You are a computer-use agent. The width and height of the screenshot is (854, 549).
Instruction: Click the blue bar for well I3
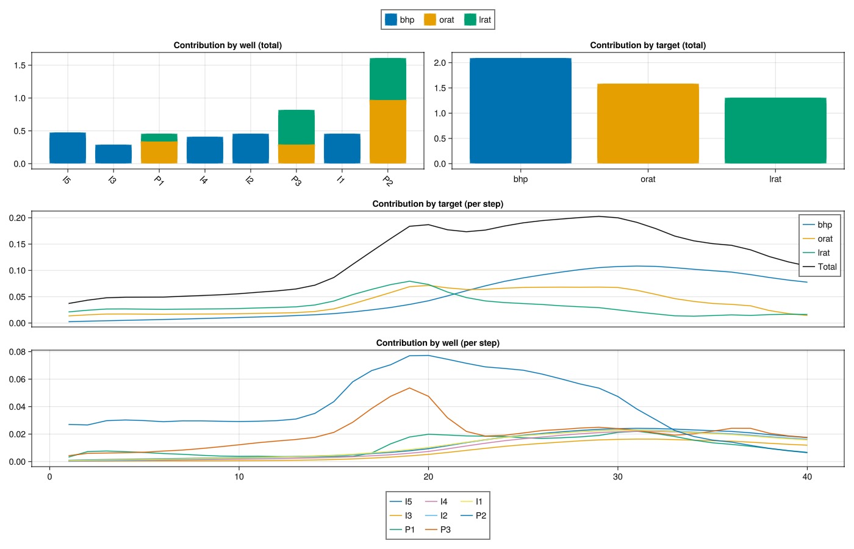tap(113, 154)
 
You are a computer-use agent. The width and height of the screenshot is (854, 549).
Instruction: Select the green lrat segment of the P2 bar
tap(388, 79)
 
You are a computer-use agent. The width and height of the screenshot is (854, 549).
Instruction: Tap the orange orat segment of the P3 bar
tap(296, 154)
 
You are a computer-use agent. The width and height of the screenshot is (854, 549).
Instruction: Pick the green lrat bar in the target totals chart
tap(775, 131)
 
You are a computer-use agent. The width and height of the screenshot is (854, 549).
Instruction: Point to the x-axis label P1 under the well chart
tap(159, 181)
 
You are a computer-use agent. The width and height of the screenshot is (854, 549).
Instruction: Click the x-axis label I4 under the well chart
tap(204, 181)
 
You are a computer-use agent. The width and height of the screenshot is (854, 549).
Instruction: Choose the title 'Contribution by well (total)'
tap(228, 45)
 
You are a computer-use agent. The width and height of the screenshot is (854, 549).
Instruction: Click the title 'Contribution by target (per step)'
tap(437, 204)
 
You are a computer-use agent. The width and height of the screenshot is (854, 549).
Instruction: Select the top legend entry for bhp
tap(400, 20)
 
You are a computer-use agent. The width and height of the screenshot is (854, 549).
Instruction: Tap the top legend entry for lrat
tap(478, 20)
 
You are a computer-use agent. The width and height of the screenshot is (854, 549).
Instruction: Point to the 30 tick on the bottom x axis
tap(618, 476)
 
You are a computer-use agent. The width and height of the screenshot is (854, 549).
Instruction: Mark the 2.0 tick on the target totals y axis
tap(439, 63)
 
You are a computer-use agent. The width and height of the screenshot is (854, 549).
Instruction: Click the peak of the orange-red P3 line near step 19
tap(409, 388)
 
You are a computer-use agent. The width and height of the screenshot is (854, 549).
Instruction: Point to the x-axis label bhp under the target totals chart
tap(520, 179)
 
